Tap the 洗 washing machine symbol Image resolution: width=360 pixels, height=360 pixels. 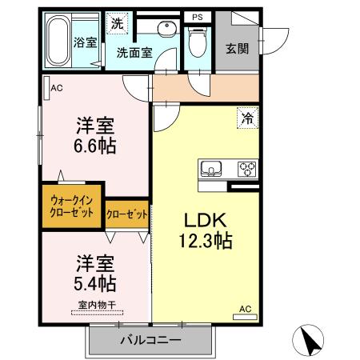pos(118,24)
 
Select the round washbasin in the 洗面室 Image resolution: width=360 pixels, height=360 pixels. pos(167,30)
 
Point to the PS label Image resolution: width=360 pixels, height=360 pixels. pos(197,16)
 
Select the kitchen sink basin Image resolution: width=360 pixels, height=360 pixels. pos(213,169)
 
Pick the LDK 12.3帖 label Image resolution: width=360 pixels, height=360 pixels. pos(204,229)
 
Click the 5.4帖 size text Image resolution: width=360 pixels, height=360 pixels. pos(95,282)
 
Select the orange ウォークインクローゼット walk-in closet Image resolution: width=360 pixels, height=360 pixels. pos(72,206)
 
